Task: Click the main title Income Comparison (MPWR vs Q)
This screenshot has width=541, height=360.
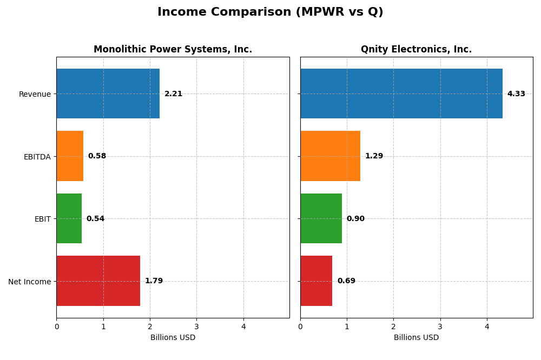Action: click(270, 12)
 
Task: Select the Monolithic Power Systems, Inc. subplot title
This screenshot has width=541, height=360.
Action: click(173, 50)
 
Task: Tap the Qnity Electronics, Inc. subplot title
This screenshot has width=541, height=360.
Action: click(416, 50)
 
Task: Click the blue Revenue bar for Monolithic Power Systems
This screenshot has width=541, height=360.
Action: click(108, 94)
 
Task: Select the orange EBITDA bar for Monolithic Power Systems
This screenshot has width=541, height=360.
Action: click(70, 156)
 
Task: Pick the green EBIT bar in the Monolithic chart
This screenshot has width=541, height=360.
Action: click(69, 218)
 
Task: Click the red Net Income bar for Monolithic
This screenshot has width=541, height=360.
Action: click(98, 281)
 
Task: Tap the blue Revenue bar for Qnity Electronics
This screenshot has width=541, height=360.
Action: click(401, 94)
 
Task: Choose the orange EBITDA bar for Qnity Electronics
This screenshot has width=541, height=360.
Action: click(330, 156)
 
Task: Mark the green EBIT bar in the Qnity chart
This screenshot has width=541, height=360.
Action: click(321, 218)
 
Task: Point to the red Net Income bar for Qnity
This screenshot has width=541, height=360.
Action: click(316, 281)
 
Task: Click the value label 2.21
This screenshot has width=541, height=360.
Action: click(173, 94)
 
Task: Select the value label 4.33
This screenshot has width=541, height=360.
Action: click(516, 94)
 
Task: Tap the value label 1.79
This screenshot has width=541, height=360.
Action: click(154, 281)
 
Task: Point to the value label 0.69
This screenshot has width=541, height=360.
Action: click(346, 281)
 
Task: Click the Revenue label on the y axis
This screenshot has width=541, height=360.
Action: click(35, 94)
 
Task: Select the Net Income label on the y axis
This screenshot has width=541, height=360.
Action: click(30, 282)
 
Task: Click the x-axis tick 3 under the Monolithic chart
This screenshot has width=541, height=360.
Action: click(196, 326)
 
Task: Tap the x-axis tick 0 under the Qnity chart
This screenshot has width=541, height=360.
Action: click(300, 326)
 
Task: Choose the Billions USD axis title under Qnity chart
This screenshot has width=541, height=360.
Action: click(416, 337)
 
